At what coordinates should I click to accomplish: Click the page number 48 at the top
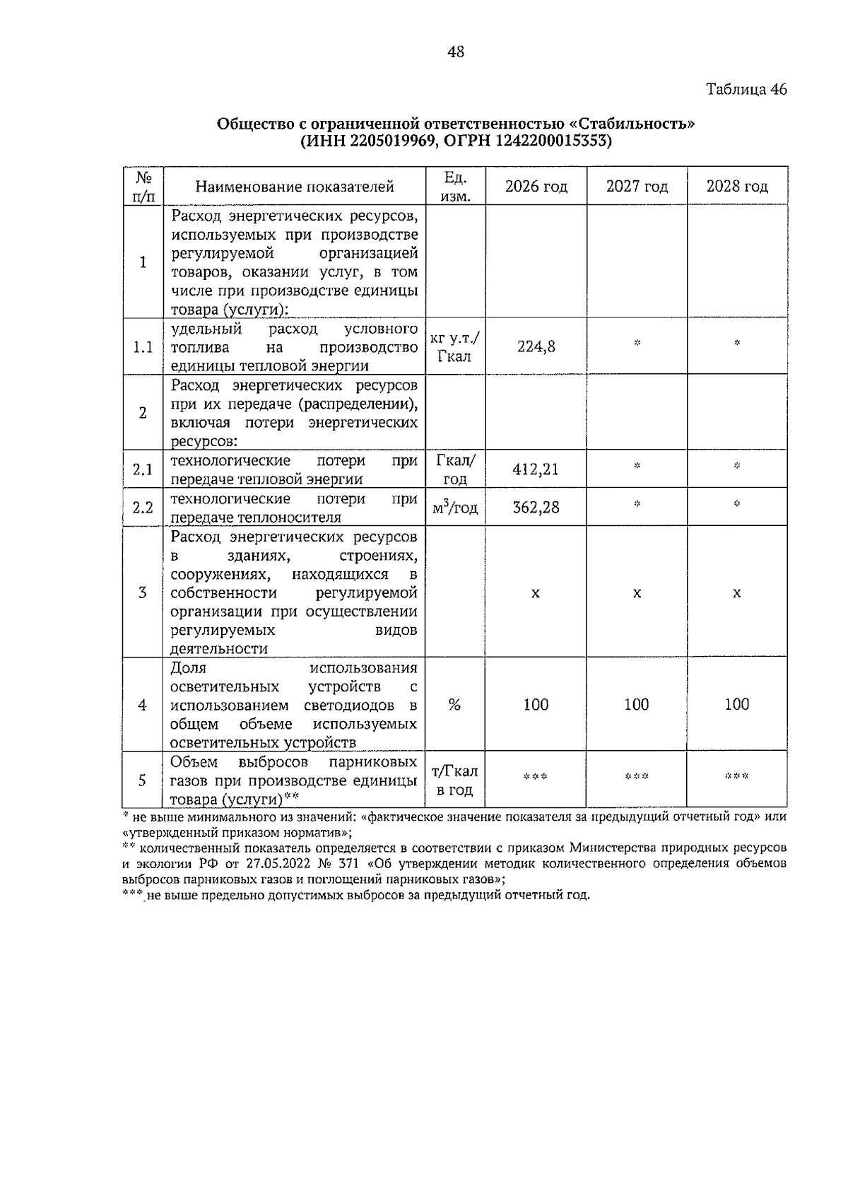pos(456,52)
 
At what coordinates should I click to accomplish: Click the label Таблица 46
pos(746,90)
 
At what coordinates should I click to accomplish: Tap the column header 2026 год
pos(536,187)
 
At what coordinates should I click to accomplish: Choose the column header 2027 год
pos(637,187)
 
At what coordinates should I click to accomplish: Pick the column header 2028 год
pos(737,187)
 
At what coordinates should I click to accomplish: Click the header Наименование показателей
pos(295,187)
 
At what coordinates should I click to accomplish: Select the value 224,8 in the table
pos(536,346)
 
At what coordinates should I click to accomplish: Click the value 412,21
pos(536,469)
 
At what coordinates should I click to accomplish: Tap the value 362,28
pos(536,507)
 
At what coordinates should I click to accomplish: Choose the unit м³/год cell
pos(454,508)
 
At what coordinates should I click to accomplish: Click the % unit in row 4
pos(454,705)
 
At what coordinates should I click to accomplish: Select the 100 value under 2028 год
pos(737,704)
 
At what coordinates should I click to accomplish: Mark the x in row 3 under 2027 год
pos(637,593)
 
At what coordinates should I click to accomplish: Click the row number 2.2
pos(143,508)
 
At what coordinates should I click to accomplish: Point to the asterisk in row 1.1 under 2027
pos(637,344)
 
